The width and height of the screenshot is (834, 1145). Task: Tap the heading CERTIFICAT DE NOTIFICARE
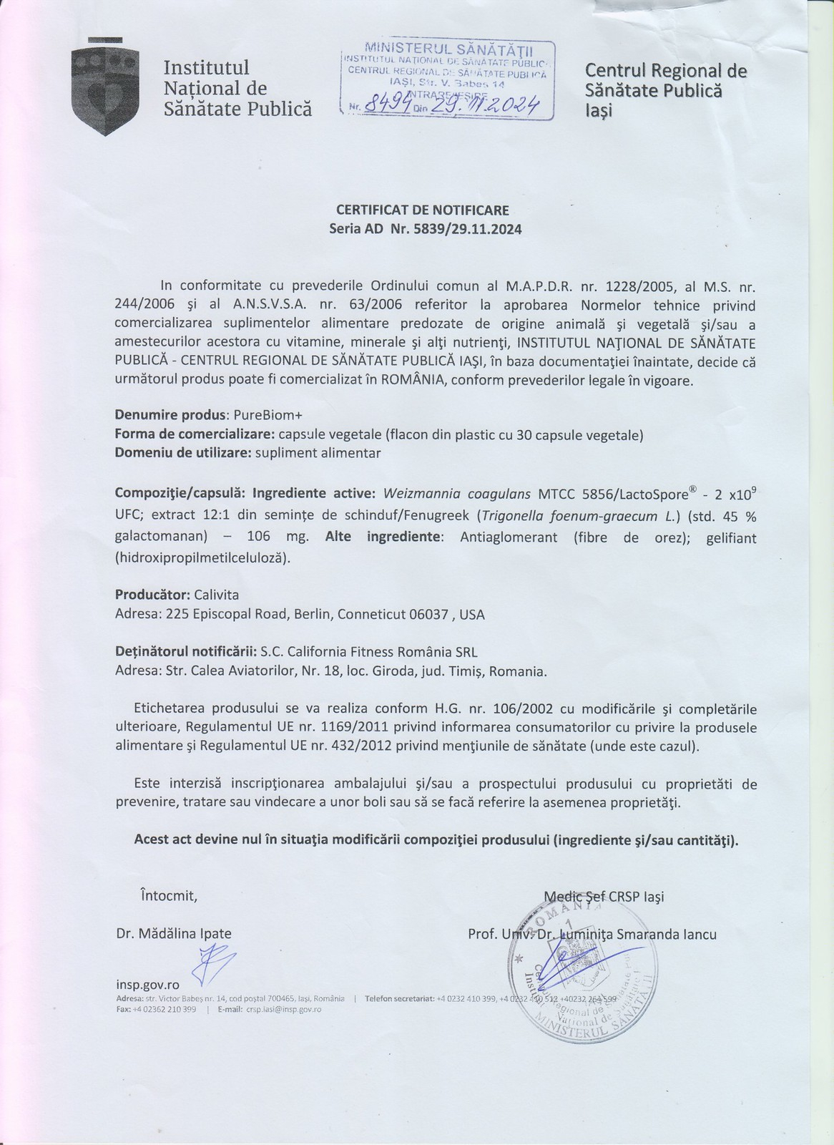tap(422, 210)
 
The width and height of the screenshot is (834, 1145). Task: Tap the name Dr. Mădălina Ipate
tap(174, 934)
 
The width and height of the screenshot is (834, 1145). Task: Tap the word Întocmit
tap(168, 895)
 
